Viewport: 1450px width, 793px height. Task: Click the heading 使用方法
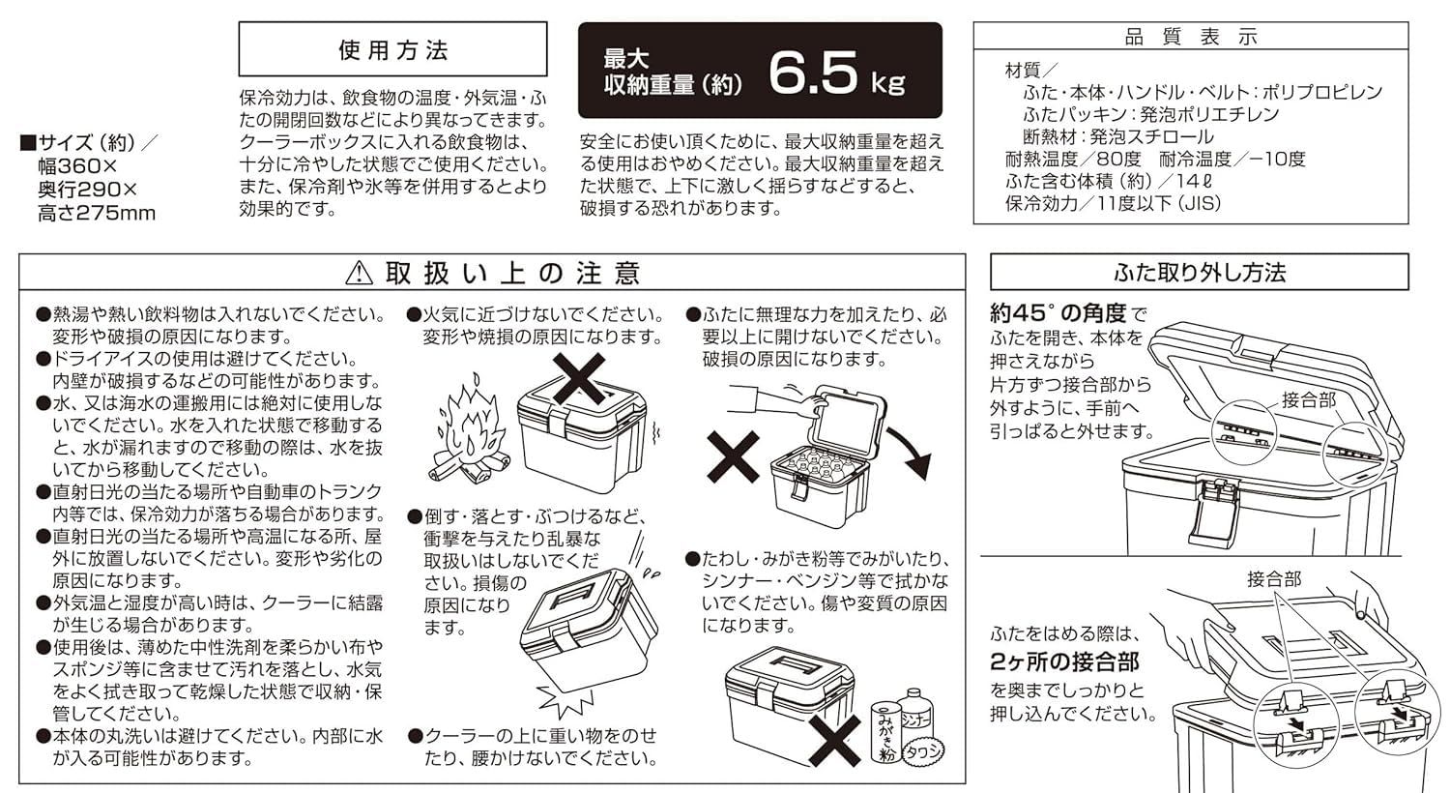coord(392,50)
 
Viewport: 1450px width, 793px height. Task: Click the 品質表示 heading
coord(1191,38)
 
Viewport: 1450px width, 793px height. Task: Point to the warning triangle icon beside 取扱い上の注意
coord(359,274)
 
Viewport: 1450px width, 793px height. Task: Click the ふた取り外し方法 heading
coord(1199,273)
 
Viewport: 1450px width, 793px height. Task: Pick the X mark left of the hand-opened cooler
coord(733,456)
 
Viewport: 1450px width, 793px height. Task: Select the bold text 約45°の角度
coord(1058,313)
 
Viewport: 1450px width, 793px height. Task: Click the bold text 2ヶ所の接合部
coord(1064,662)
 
